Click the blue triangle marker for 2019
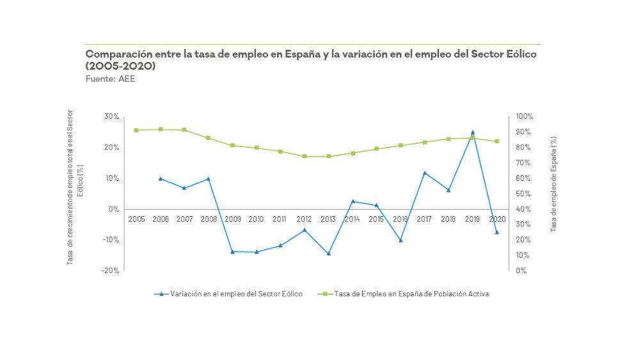pos(472,132)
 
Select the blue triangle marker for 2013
pos(328,253)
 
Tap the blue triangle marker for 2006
pos(161,178)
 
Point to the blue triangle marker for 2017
pos(425,173)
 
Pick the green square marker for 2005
pos(136,130)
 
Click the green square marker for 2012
pos(305,156)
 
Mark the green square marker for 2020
pos(496,141)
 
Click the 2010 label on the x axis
pos(256,219)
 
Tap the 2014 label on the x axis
pos(352,219)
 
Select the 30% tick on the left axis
pos(112,116)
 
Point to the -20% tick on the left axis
pos(111,270)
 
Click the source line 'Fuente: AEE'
pos(110,79)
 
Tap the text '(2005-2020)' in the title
pos(121,67)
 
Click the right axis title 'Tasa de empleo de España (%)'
pos(553,183)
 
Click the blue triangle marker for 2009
pos(232,251)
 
